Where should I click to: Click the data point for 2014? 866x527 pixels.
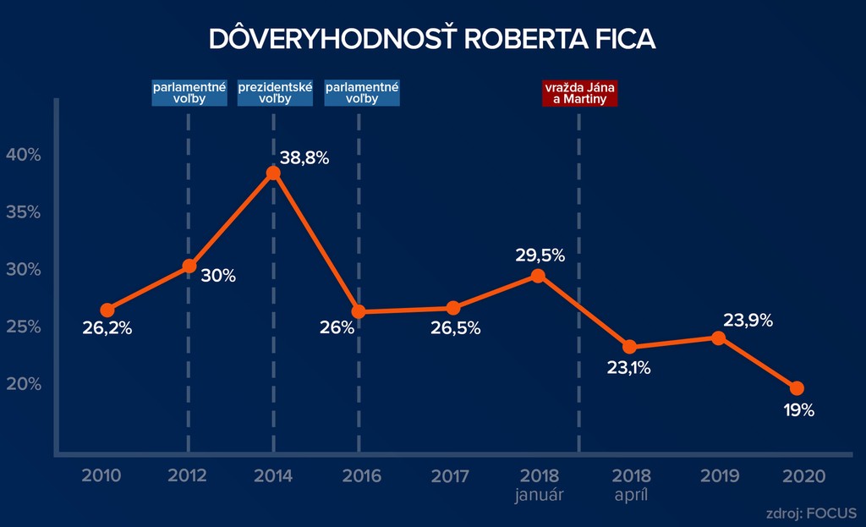click(x=273, y=173)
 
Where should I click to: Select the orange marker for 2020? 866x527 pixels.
click(x=796, y=388)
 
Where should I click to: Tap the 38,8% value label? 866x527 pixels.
click(x=304, y=158)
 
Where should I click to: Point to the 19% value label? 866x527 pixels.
click(x=797, y=410)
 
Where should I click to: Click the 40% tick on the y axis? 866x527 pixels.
click(x=24, y=154)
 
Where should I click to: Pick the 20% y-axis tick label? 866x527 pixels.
click(x=24, y=384)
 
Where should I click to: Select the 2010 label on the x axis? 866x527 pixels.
click(x=101, y=475)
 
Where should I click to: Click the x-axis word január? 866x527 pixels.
click(x=539, y=494)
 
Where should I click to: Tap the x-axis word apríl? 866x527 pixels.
click(x=629, y=494)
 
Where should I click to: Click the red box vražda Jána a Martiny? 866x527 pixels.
click(x=579, y=93)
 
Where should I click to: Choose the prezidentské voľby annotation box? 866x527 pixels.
click(x=276, y=93)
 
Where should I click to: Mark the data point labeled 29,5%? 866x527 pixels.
click(x=538, y=275)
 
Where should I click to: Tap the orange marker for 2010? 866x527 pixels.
click(x=107, y=310)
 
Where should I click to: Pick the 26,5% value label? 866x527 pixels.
click(x=456, y=328)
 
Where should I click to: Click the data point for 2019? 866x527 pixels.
click(x=718, y=338)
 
